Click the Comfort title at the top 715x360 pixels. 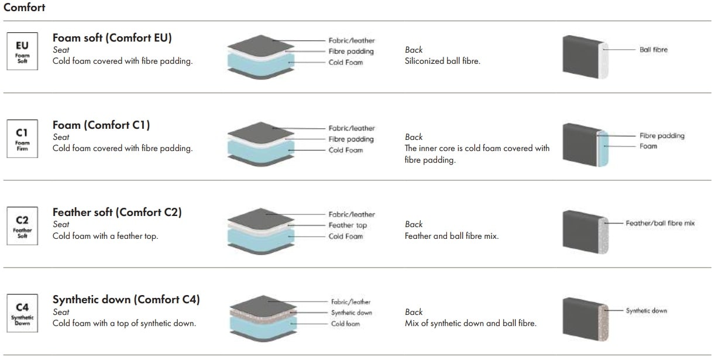[x=25, y=8]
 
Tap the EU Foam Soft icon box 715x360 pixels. [x=22, y=51]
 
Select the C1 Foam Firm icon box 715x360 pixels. [x=22, y=138]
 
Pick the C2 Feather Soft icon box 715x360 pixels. [x=22, y=226]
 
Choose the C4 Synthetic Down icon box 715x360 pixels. [x=22, y=313]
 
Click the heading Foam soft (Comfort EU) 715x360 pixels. [x=112, y=38]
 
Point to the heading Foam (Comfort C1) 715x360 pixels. [x=101, y=125]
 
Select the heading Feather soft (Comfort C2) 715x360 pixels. [x=117, y=212]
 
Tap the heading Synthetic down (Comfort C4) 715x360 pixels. [x=126, y=299]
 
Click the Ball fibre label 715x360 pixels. [x=653, y=50]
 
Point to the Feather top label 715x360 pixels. [x=348, y=225]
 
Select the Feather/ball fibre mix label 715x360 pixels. [x=660, y=223]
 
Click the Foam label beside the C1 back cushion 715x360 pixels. [x=648, y=146]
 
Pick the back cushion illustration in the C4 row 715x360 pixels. [x=586, y=319]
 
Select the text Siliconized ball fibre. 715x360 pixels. [x=442, y=61]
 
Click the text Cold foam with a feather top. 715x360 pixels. [x=105, y=236]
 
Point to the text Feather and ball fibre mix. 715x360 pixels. [x=451, y=236]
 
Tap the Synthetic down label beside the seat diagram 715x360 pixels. [x=351, y=313]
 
